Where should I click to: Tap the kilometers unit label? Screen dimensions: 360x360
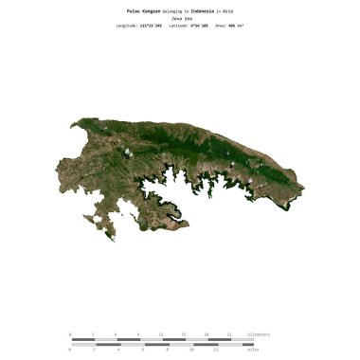[x=258, y=334]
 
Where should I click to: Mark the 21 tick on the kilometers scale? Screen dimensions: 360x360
[x=230, y=334]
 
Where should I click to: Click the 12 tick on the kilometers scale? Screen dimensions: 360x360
[x=162, y=334]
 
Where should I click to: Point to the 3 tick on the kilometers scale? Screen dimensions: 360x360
[x=93, y=334]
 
